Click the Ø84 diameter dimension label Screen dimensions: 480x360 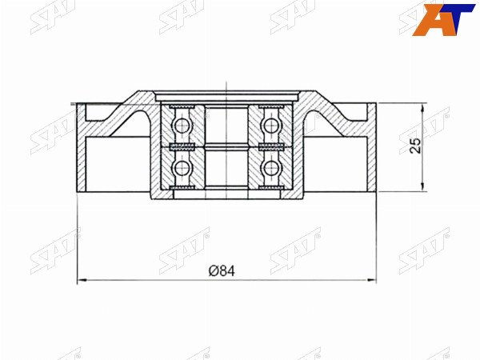pos(222,270)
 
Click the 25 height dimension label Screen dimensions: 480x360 pos(415,146)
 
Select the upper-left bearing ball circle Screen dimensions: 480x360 pos(182,125)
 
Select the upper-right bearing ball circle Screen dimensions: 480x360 pos(270,125)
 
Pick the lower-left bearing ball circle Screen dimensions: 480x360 pos(182,167)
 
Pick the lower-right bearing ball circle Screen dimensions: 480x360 pos(270,167)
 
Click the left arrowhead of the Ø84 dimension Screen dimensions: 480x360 pos(81,280)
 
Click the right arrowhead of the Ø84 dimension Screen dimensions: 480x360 pos(372,280)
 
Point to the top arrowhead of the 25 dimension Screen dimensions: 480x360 pos(422,108)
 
